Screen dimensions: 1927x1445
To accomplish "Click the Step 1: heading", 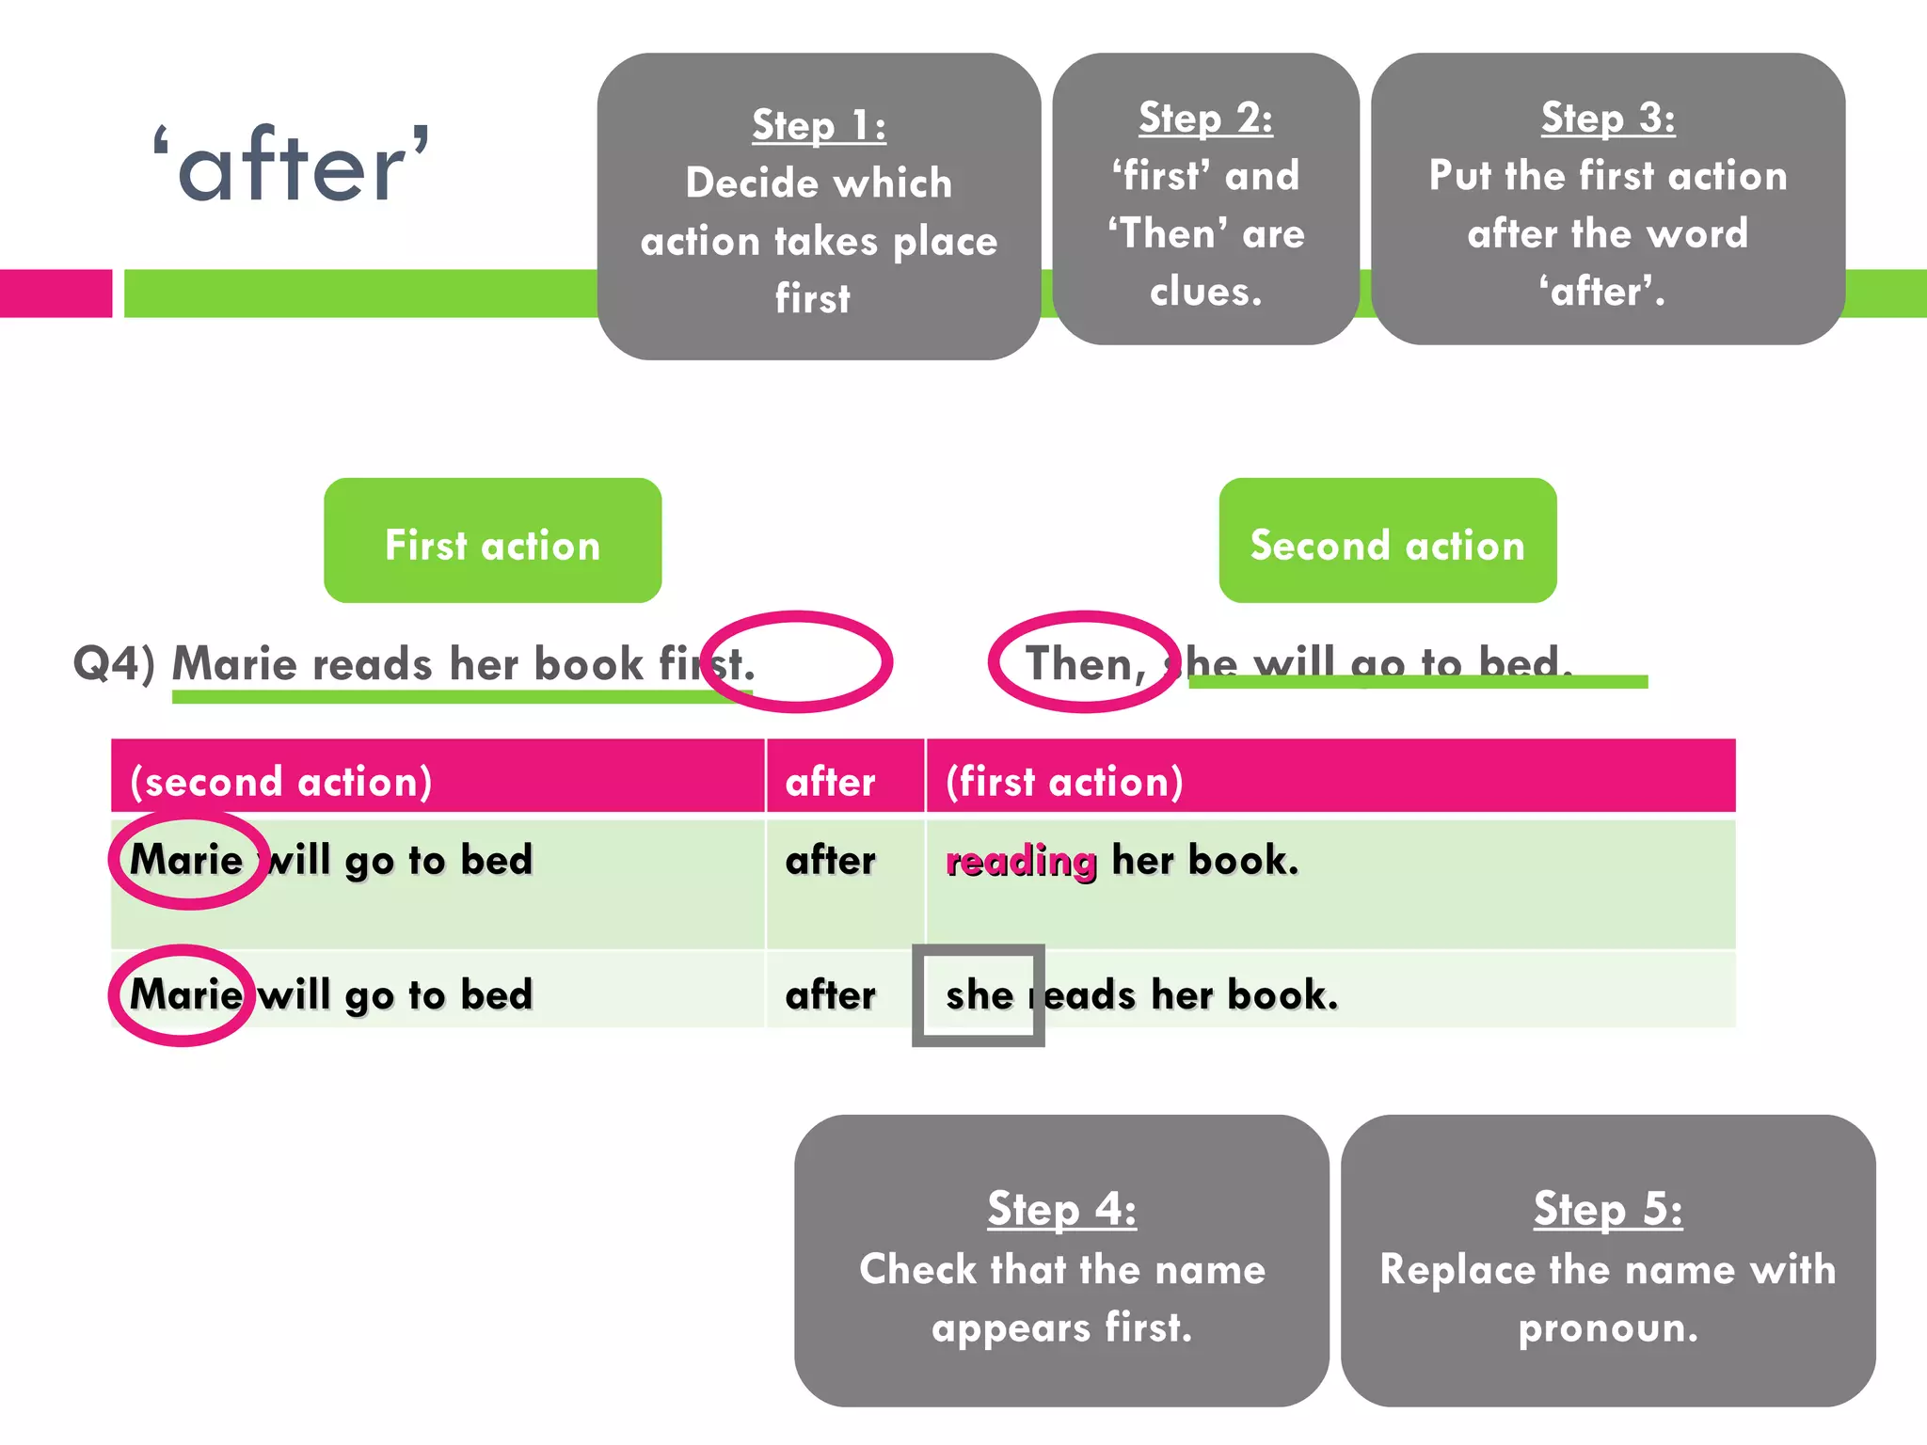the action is coord(819,125).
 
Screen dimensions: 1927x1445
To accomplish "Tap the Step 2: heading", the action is coord(1205,119).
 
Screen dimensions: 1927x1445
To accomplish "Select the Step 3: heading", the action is coord(1607,119).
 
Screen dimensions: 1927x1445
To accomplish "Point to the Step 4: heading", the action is coord(1061,1209).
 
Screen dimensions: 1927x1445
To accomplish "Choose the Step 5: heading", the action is coord(1607,1209).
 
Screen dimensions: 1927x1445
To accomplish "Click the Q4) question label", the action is coord(114,663).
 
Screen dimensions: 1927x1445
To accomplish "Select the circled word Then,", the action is coord(1085,663).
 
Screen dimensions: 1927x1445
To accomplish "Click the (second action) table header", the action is coord(280,782).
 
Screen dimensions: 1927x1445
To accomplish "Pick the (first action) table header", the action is coord(1064,782).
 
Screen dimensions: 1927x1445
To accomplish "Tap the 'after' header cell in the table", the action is coord(830,782).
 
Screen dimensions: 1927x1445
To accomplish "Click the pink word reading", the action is coord(1021,861).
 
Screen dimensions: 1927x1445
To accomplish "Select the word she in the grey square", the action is coord(979,995).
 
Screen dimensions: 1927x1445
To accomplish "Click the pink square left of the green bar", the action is coord(56,294).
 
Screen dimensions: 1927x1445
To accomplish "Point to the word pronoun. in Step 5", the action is coord(1607,1327).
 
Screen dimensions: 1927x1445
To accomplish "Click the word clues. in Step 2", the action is coord(1205,292).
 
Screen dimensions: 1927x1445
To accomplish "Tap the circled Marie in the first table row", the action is coord(186,860).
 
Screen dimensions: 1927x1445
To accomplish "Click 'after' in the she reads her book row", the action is coord(830,995).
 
